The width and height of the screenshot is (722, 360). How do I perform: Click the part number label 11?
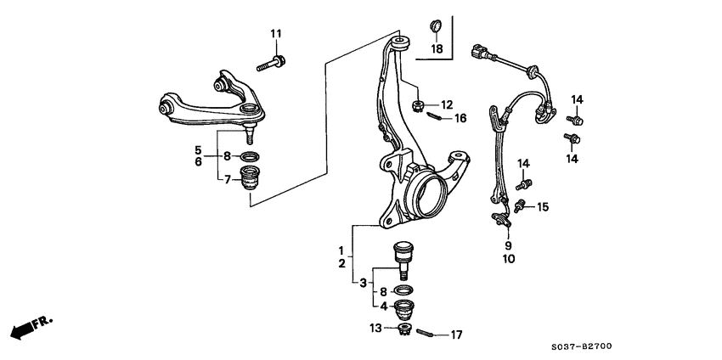point(275,33)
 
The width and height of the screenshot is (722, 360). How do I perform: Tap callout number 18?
point(437,49)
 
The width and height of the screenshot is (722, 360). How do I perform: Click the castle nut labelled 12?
point(417,106)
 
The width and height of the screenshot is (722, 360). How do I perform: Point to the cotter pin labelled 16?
point(432,117)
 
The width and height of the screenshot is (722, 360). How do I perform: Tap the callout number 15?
point(543,205)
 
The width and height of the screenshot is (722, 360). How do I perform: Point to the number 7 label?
point(227,178)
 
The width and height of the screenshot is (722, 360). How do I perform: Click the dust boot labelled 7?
point(250,179)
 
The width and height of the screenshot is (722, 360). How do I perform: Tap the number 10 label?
point(508,259)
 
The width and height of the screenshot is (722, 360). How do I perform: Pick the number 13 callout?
point(376,328)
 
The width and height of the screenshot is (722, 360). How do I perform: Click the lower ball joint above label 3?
point(403,256)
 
